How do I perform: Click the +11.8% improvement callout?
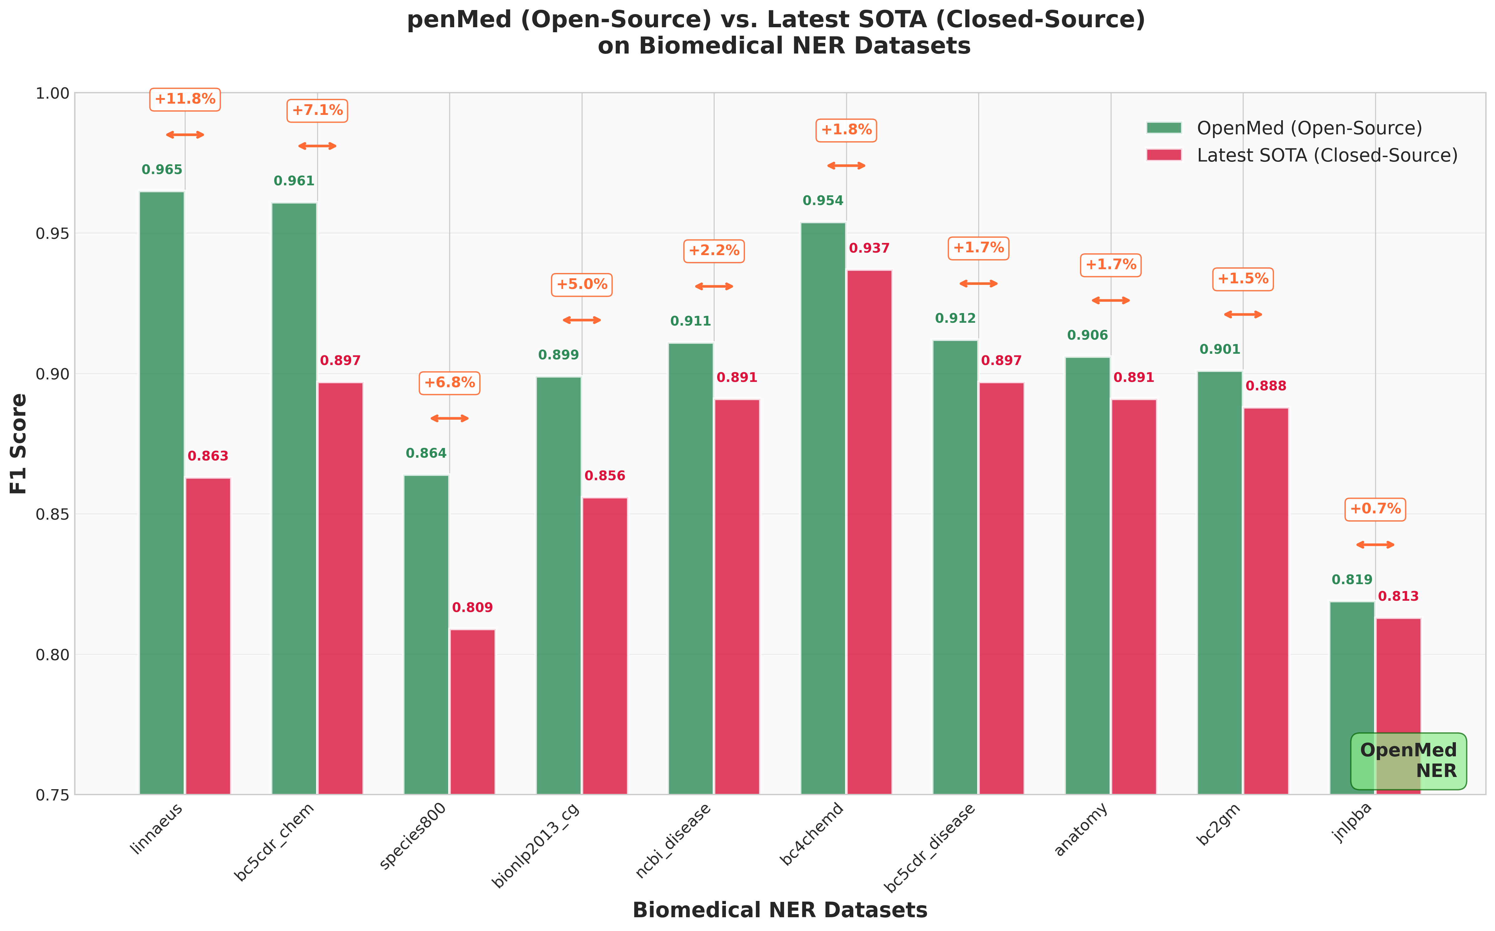(185, 99)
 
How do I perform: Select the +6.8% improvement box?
(450, 383)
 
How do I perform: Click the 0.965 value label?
(162, 170)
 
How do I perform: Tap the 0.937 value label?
(869, 249)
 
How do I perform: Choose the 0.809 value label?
(472, 608)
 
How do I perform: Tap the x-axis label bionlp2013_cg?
(536, 846)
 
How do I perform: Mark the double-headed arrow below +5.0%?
(582, 320)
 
